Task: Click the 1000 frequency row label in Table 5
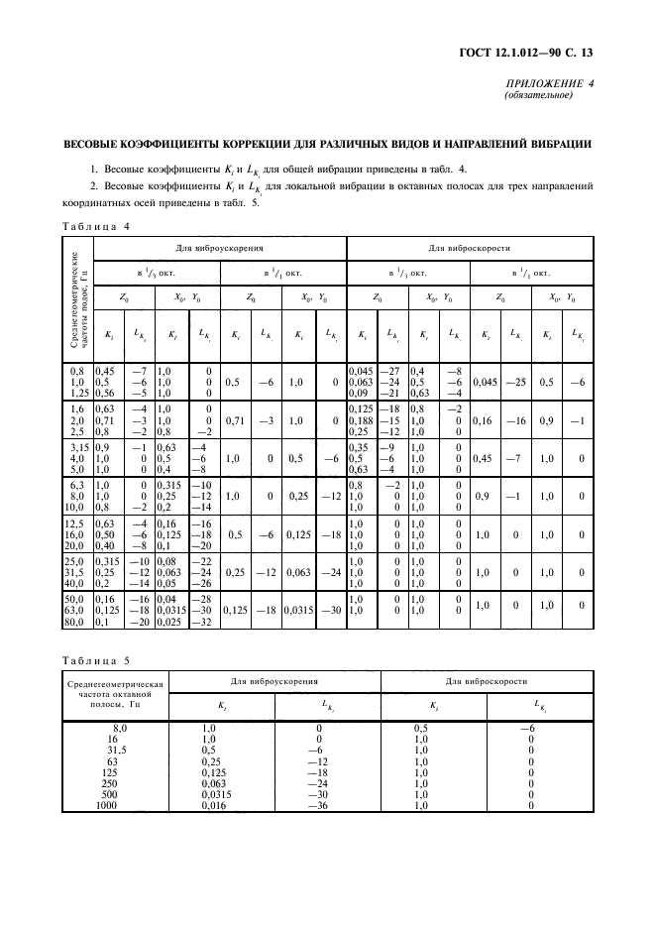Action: tap(106, 806)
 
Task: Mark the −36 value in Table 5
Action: tap(317, 806)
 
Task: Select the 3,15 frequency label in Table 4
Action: tap(79, 447)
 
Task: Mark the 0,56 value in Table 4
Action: tap(106, 393)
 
